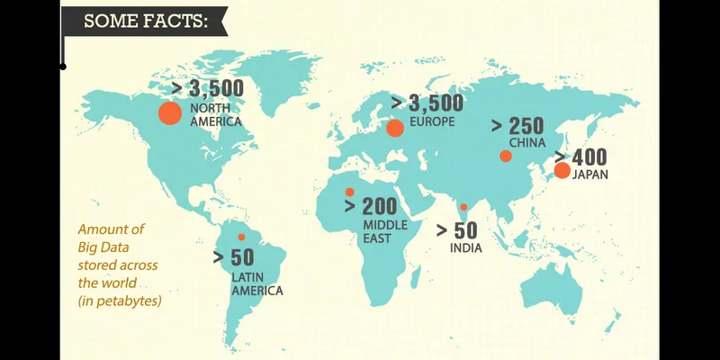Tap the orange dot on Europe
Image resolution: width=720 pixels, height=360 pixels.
pyautogui.click(x=394, y=128)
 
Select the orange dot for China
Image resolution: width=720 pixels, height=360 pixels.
pyautogui.click(x=506, y=156)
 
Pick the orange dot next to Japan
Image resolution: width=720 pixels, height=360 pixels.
pyautogui.click(x=562, y=170)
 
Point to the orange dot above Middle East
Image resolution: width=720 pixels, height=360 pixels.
pyautogui.click(x=349, y=191)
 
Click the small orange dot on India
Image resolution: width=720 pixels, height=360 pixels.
pyautogui.click(x=463, y=207)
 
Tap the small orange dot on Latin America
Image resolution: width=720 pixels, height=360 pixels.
pyautogui.click(x=241, y=237)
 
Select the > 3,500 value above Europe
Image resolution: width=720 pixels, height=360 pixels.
pyautogui.click(x=427, y=102)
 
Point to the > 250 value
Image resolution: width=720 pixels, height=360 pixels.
pyautogui.click(x=517, y=126)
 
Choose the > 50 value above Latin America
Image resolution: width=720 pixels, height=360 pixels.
pyautogui.click(x=233, y=257)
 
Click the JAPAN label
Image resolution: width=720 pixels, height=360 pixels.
pyautogui.click(x=589, y=175)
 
